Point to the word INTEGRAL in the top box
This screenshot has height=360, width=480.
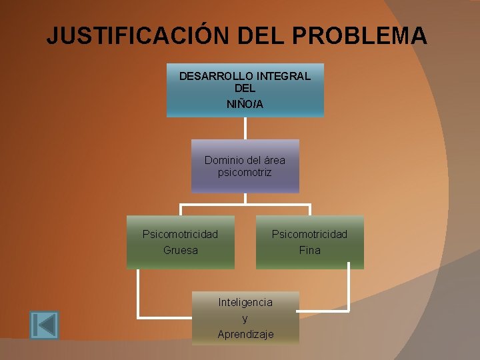point(285,76)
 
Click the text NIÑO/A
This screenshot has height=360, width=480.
point(245,104)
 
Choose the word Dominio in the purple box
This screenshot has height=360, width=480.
point(224,160)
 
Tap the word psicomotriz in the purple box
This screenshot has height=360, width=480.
point(245,172)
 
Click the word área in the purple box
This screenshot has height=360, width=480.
point(275,160)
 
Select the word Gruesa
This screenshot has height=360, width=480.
point(180,250)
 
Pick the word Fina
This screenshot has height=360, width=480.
point(309,250)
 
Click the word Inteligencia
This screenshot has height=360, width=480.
point(245,302)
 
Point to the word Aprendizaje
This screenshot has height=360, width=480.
point(245,334)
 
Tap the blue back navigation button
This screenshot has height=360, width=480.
point(44,325)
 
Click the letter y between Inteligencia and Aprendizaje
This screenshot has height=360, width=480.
point(245,318)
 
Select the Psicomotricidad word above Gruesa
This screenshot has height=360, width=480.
point(180,234)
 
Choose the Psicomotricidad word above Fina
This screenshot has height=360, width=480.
point(309,234)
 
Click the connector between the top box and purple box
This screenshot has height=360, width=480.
point(245,128)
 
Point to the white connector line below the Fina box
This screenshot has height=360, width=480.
point(348,290)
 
